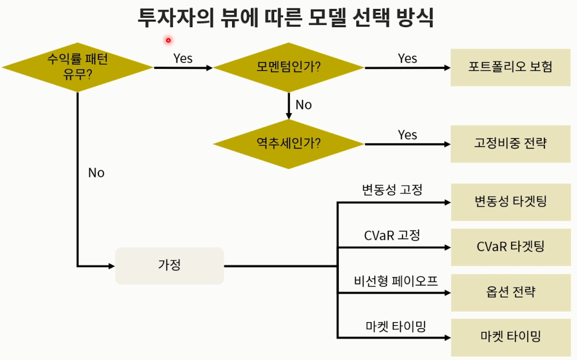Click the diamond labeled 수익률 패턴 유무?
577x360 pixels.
(x=78, y=67)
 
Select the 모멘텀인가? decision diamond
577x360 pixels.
(x=288, y=67)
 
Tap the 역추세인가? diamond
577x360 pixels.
(x=288, y=144)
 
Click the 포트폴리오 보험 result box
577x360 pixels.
(x=510, y=67)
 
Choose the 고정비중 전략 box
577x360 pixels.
(x=510, y=143)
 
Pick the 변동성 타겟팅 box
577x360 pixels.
(x=510, y=202)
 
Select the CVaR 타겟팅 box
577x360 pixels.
(x=510, y=247)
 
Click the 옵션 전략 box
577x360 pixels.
(x=510, y=293)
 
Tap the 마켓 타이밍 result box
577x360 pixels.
(x=510, y=337)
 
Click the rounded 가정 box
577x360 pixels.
(x=169, y=266)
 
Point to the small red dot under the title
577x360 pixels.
(x=167, y=40)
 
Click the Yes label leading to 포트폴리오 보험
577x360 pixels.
(x=407, y=59)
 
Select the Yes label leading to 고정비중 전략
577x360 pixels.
(x=407, y=135)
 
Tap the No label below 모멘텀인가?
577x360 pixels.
(x=303, y=105)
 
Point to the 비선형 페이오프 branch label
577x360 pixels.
(x=396, y=280)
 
